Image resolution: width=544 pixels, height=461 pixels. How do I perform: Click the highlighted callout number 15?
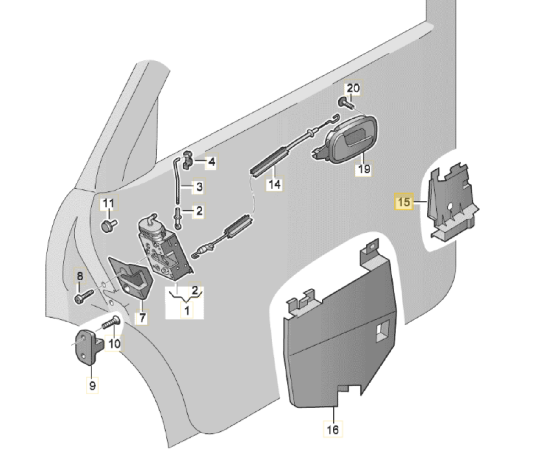coord(404,202)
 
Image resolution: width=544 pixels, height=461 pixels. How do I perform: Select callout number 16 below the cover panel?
coord(333,429)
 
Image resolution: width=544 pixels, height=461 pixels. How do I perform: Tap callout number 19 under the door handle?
coord(364,169)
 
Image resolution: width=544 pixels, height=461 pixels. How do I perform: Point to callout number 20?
coord(353,88)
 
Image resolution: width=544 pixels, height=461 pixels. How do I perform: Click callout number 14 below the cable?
coord(275,184)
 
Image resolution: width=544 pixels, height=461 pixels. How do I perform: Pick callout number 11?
coord(109,204)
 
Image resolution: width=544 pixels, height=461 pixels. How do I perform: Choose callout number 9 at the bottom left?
coord(92,386)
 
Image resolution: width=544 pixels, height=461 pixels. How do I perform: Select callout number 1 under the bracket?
coord(186,310)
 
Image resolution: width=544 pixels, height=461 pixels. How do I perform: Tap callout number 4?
coord(211,162)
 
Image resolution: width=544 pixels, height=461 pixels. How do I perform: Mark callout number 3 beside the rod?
coord(199,187)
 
